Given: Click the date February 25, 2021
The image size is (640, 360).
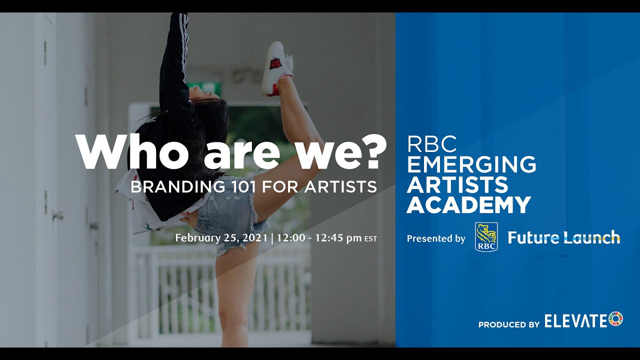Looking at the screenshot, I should (222, 238).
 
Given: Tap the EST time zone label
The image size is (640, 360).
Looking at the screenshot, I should (370, 239).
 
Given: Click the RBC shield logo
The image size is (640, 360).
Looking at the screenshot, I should (486, 237).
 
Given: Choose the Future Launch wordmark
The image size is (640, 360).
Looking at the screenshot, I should (563, 237).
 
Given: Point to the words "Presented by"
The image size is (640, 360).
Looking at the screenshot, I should (436, 238).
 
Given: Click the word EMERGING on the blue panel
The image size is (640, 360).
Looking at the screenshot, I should (471, 164).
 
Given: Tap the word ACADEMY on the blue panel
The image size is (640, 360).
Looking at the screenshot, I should (468, 205).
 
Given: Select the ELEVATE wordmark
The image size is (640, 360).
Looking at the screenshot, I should (575, 320).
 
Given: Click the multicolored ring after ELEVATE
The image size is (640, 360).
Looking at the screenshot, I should (616, 319).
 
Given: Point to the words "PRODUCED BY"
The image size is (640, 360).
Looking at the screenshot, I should (508, 324).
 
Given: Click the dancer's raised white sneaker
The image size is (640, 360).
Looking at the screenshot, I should (276, 67).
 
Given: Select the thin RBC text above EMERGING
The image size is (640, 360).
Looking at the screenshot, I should (432, 144).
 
